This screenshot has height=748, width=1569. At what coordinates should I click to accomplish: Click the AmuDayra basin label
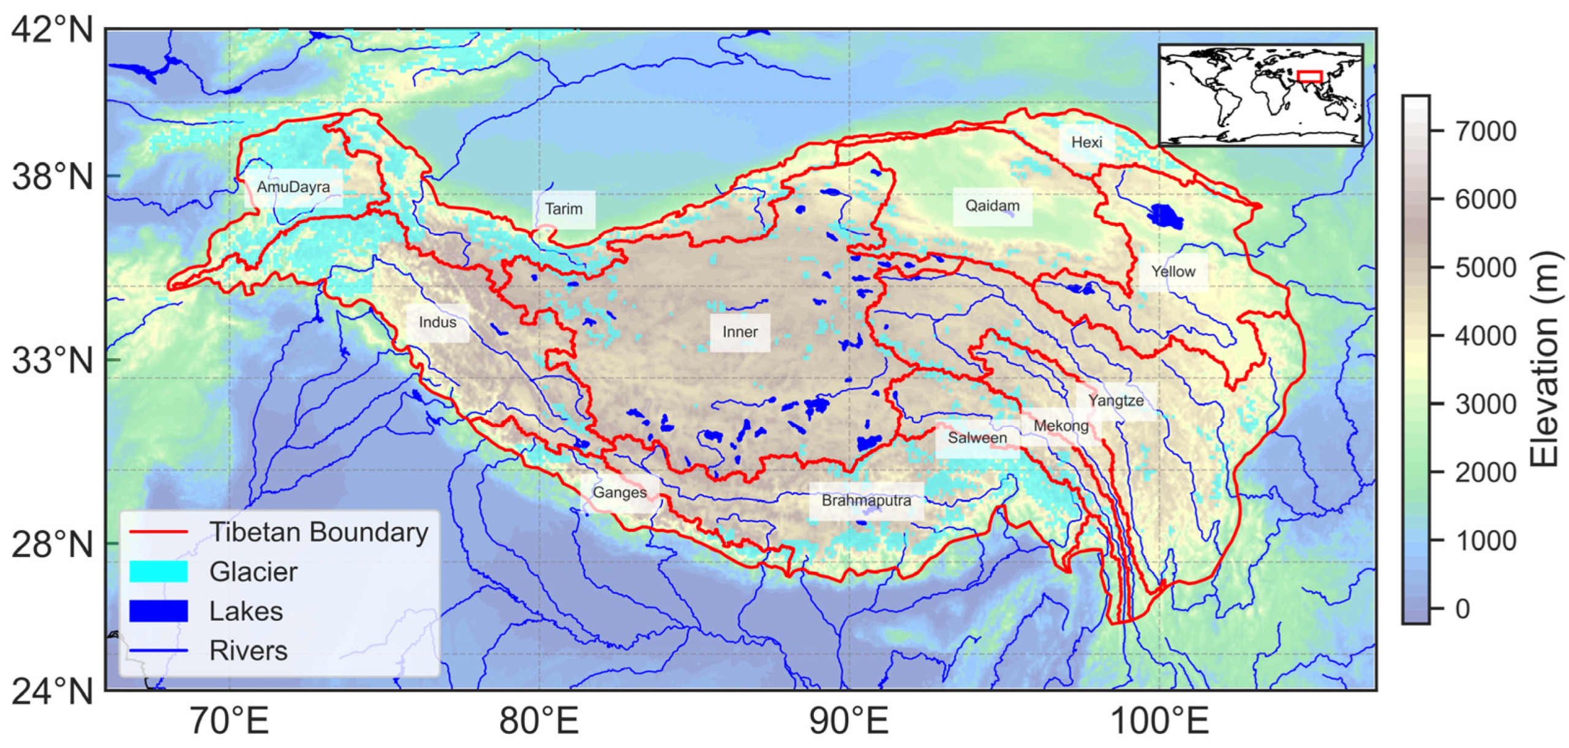(293, 187)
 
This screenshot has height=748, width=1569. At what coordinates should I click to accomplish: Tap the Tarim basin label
(563, 209)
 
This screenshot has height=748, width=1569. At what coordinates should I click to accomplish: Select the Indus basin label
(437, 322)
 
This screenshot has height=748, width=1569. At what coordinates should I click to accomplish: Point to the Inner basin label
(739, 332)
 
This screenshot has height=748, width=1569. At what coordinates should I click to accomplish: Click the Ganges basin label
(619, 492)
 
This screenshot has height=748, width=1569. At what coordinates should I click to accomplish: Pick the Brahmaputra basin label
(865, 500)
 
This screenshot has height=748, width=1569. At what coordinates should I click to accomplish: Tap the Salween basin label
(976, 438)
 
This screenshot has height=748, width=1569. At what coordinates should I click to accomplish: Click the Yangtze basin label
(1115, 400)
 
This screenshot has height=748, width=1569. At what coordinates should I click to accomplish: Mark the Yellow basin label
(1172, 271)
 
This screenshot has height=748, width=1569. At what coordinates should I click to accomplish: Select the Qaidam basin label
(991, 206)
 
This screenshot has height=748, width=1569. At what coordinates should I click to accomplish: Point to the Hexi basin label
(1086, 142)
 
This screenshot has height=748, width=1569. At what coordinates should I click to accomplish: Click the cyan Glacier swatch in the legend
(158, 571)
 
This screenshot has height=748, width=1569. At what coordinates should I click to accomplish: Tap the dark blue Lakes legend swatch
(158, 610)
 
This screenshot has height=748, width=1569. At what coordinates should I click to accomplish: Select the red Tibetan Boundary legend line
(158, 532)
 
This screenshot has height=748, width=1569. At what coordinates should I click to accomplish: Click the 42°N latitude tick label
(52, 29)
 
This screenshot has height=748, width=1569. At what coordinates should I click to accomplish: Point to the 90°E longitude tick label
(848, 720)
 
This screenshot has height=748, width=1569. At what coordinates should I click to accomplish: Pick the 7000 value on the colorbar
(1484, 131)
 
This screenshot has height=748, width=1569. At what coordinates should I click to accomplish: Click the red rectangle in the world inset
(1309, 76)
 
